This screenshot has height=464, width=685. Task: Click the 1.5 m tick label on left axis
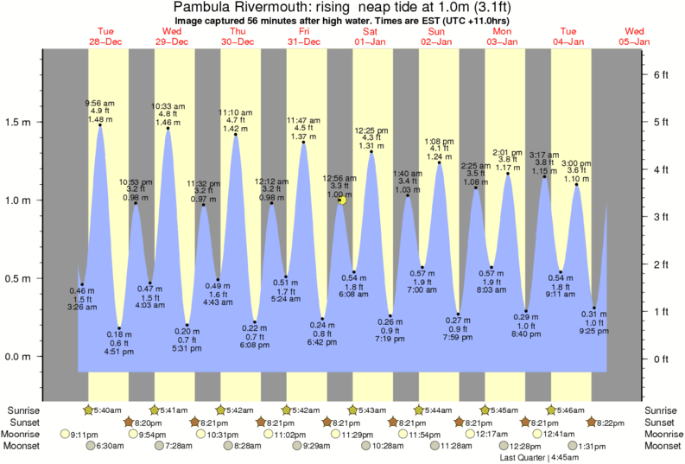(18, 122)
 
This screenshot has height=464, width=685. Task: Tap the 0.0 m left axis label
(18, 357)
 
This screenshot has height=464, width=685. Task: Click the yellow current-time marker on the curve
(342, 200)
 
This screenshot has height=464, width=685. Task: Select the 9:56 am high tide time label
(100, 103)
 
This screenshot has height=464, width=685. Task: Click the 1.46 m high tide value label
(168, 124)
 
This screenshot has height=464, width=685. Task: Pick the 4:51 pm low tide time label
(119, 352)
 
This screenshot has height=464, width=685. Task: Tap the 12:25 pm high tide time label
(371, 130)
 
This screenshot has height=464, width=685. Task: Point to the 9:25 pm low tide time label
(593, 330)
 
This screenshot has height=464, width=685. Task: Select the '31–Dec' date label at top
(303, 41)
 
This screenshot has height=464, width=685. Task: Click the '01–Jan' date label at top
(369, 41)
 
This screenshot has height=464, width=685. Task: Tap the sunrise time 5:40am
(107, 410)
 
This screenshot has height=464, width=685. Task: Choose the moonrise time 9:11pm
(83, 434)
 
